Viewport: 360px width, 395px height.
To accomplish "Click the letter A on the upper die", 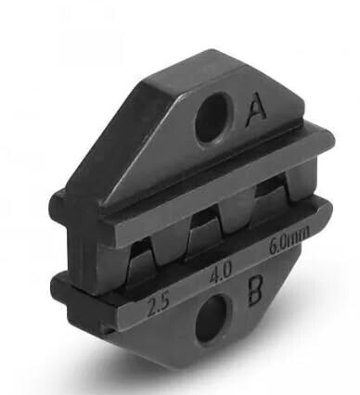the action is (256, 110).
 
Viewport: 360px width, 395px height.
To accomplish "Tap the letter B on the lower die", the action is (255, 290).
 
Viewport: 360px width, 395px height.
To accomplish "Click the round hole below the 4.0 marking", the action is (213, 317).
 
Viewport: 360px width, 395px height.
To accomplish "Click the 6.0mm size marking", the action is (289, 241).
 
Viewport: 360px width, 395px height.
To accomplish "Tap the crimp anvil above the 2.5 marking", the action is (141, 261).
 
